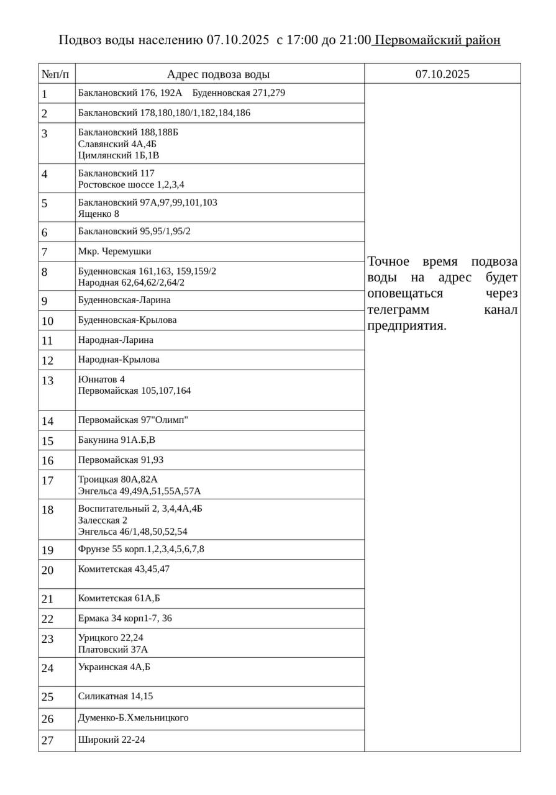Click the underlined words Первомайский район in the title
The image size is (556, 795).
[x=437, y=40]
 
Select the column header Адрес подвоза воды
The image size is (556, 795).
[x=218, y=75]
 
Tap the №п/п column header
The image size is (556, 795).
[x=56, y=75]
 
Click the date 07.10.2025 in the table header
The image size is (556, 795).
[x=442, y=75]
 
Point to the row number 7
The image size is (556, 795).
[x=45, y=252]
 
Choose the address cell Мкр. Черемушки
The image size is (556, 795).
[x=115, y=252]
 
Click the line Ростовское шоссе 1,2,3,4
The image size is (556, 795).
[x=131, y=184]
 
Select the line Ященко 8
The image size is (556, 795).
[x=98, y=214]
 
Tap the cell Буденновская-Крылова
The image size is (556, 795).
[x=127, y=320]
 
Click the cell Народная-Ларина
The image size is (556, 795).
[x=116, y=340]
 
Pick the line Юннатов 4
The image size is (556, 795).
[x=101, y=379]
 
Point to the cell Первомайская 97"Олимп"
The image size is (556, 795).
[x=133, y=420]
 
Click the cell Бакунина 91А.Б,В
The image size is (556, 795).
[x=117, y=440]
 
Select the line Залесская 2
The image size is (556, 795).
[x=103, y=520]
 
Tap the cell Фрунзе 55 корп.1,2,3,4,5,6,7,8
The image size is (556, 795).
[x=141, y=549]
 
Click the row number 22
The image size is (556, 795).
[x=48, y=619]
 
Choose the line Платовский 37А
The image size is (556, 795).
[x=113, y=649]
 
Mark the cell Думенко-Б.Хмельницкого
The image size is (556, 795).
[x=133, y=718]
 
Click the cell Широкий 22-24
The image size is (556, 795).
[x=112, y=740]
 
